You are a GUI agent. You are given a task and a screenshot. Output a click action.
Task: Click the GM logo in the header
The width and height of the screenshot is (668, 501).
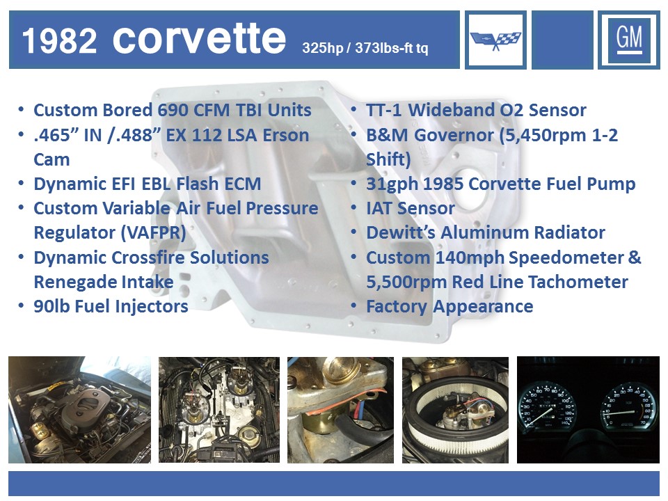pyautogui.click(x=629, y=40)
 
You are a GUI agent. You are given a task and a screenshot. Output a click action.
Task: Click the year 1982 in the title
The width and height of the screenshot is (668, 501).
pyautogui.click(x=60, y=41)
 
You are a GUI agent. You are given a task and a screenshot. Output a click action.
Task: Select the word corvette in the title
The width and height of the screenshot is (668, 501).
pyautogui.click(x=199, y=39)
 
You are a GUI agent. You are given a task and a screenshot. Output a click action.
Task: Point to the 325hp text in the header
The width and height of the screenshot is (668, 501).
pyautogui.click(x=322, y=48)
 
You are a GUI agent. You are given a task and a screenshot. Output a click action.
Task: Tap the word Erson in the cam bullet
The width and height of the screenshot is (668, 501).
pyautogui.click(x=286, y=135)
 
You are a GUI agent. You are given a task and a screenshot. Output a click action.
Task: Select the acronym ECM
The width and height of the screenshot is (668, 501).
pyautogui.click(x=242, y=184)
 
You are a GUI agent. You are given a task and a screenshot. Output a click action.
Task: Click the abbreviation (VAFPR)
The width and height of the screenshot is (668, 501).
pyautogui.click(x=153, y=233)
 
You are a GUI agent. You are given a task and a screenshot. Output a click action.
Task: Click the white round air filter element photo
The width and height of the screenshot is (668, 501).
pyautogui.click(x=455, y=410)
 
